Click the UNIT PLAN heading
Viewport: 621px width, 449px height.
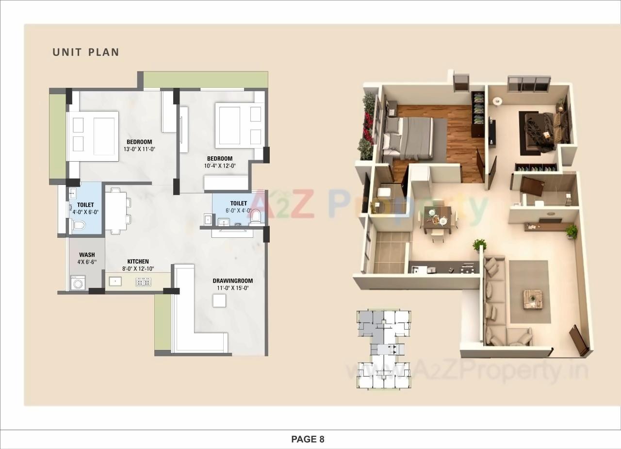pyautogui.click(x=86, y=52)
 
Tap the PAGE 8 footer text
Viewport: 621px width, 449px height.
pyautogui.click(x=308, y=439)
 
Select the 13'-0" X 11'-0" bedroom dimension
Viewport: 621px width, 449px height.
pyautogui.click(x=139, y=150)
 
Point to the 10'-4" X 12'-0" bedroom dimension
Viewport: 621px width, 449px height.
pyautogui.click(x=219, y=166)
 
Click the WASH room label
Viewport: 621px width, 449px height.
pyautogui.click(x=87, y=255)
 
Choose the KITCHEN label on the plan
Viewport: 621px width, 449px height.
pyautogui.click(x=138, y=262)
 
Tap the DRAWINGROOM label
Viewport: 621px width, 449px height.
pyautogui.click(x=232, y=281)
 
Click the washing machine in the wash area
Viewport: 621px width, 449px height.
pyautogui.click(x=78, y=283)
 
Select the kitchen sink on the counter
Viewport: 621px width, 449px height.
pyautogui.click(x=115, y=281)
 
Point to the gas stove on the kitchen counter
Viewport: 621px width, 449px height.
pyautogui.click(x=143, y=281)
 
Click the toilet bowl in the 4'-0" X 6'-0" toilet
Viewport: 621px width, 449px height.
pyautogui.click(x=78, y=225)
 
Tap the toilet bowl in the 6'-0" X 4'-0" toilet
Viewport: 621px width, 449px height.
pyautogui.click(x=256, y=216)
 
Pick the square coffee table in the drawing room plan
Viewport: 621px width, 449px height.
pyautogui.click(x=219, y=301)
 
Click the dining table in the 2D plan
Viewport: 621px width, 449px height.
pyautogui.click(x=115, y=210)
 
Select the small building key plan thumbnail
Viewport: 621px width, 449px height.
pyautogui.click(x=384, y=349)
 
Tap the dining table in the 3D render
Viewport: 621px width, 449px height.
pyautogui.click(x=438, y=218)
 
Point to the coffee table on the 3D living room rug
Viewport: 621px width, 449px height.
pyautogui.click(x=532, y=299)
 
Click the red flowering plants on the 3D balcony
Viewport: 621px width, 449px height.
pyautogui.click(x=368, y=126)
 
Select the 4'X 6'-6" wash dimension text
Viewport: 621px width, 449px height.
pyautogui.click(x=87, y=263)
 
